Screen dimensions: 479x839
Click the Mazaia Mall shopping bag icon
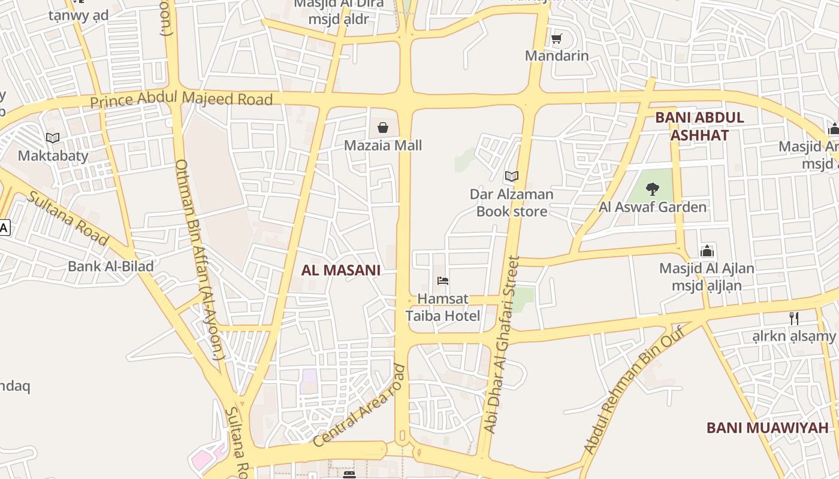pyautogui.click(x=383, y=128)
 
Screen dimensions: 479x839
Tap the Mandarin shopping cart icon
pyautogui.click(x=557, y=39)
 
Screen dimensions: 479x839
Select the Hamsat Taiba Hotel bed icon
pyautogui.click(x=443, y=280)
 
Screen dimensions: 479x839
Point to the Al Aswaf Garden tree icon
pyautogui.click(x=653, y=189)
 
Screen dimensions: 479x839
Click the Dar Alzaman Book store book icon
pyautogui.click(x=511, y=176)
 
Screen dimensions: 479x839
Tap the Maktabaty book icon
pyautogui.click(x=53, y=138)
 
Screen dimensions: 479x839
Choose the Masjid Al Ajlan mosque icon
pyautogui.click(x=707, y=251)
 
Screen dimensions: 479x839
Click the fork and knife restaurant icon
pyautogui.click(x=794, y=319)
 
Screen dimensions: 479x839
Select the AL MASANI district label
pyautogui.click(x=340, y=270)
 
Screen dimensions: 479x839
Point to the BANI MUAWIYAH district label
pyautogui.click(x=767, y=428)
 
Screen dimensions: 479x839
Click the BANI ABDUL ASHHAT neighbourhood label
pyautogui.click(x=699, y=126)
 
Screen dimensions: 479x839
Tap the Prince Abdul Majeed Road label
pyautogui.click(x=182, y=99)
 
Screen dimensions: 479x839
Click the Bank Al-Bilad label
pyautogui.click(x=111, y=266)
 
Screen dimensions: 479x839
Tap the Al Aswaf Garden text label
pyautogui.click(x=653, y=207)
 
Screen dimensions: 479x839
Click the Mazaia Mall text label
pyautogui.click(x=383, y=145)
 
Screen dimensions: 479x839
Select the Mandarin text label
pyautogui.click(x=557, y=56)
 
